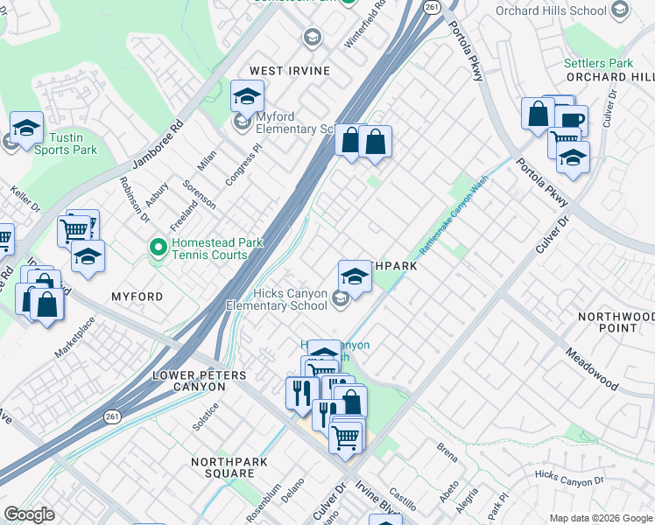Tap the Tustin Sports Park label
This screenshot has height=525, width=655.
[x=66, y=143]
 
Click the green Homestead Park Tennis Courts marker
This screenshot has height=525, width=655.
[x=158, y=248]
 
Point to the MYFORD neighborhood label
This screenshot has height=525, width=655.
[x=137, y=297]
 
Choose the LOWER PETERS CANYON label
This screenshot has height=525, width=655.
[x=200, y=381]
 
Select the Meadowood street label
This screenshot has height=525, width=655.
[x=592, y=367]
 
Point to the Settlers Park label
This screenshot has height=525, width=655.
[x=598, y=64]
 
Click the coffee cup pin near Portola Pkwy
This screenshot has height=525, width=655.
[x=570, y=121]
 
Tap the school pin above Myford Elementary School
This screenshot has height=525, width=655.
[x=248, y=95]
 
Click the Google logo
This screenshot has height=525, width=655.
[x=30, y=514]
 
